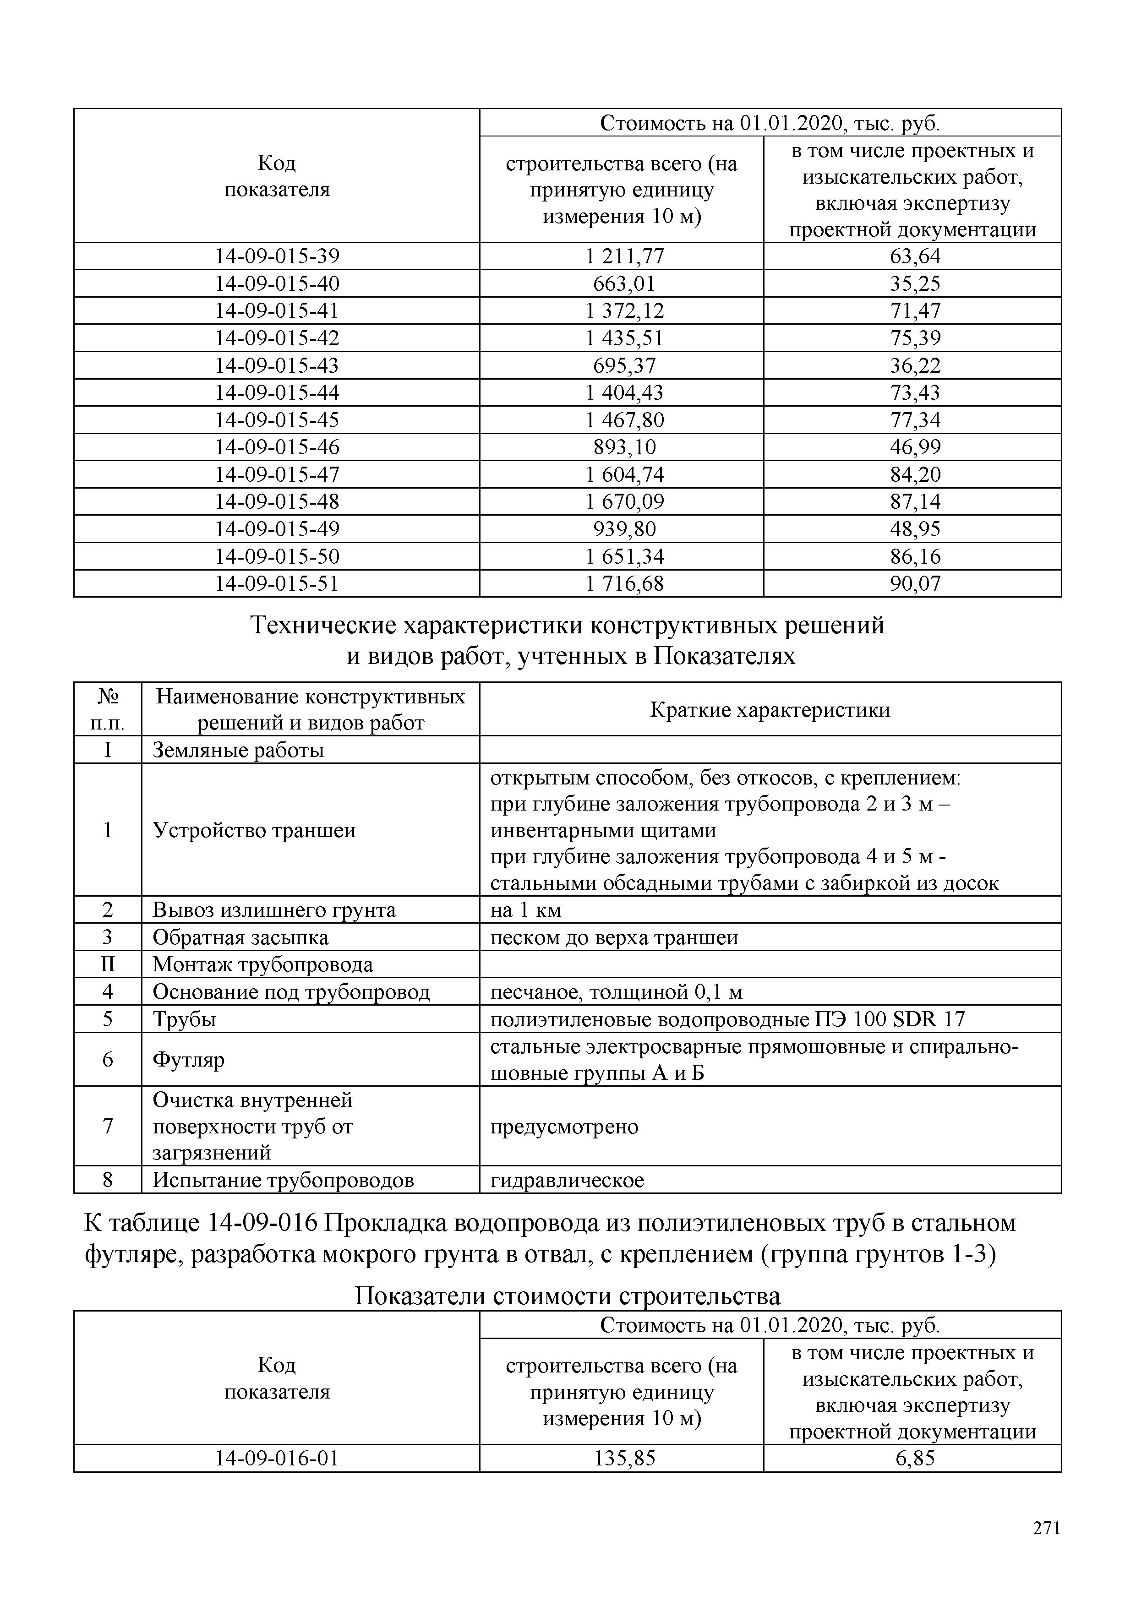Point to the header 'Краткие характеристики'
click(x=770, y=710)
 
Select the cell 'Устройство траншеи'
click(x=254, y=830)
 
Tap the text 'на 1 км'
click(x=525, y=910)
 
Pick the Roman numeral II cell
click(x=108, y=964)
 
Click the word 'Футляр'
click(x=188, y=1060)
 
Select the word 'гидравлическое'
click(x=567, y=1181)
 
